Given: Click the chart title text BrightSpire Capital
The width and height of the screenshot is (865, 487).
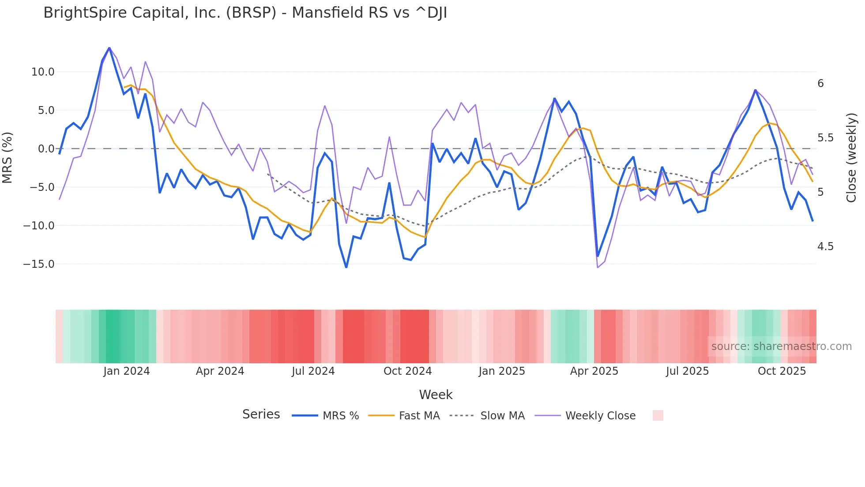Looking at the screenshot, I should (245, 13).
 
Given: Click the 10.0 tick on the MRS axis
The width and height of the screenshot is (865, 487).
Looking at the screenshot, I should (43, 72).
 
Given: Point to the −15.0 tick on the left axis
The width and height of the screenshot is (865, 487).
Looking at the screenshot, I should (39, 264).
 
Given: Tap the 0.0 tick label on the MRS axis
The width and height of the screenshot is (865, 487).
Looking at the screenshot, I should (46, 149).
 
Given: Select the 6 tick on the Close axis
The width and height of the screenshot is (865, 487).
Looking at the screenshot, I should (820, 84).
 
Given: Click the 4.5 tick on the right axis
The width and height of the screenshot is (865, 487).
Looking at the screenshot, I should (825, 247).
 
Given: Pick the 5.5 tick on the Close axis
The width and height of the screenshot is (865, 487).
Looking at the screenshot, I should (825, 138).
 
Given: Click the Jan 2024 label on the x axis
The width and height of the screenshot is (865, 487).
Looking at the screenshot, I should (127, 371).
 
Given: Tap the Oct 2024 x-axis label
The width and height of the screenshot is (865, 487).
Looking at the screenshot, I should (407, 371).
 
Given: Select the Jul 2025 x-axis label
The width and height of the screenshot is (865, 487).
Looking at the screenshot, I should (687, 371).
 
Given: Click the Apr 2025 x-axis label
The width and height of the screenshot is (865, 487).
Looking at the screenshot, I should (594, 371).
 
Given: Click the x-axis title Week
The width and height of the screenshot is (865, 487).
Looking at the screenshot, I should (436, 395).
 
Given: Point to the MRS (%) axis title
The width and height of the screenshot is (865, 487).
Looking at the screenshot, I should (8, 158).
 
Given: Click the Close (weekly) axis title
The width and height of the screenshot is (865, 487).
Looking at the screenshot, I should (851, 158).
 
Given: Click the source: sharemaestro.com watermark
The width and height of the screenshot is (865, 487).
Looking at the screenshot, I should (781, 346).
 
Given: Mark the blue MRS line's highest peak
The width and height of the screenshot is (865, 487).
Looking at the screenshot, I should (109, 48).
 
